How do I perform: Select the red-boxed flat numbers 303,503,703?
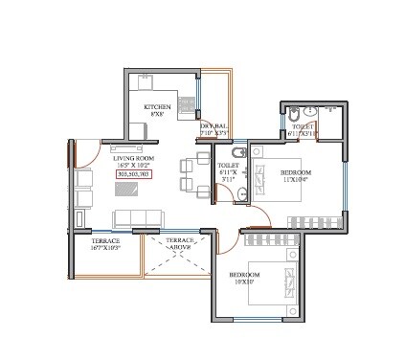coord(133,175)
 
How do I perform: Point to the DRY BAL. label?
coord(213,125)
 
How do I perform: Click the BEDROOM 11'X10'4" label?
coord(294,176)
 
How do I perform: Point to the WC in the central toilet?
coord(241,194)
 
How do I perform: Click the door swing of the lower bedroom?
coord(231,242)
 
